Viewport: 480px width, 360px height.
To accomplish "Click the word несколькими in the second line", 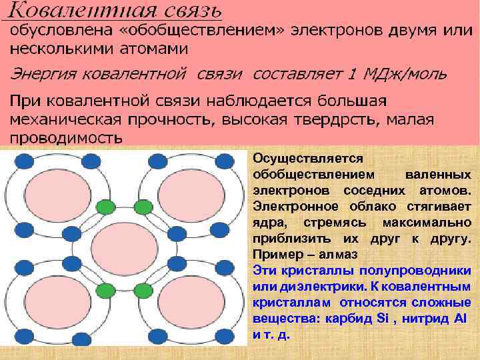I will pos(53,49).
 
